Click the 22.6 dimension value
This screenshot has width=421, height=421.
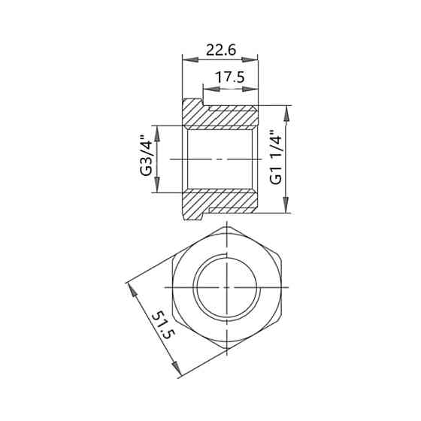(221, 50)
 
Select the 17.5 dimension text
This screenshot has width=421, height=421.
(230, 77)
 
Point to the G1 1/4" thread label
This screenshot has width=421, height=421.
(276, 158)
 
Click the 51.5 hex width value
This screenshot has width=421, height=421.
(163, 325)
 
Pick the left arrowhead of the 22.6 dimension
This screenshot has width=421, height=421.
(190, 59)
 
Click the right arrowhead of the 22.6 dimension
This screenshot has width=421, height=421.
(250, 59)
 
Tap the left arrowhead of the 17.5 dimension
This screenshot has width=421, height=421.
(211, 89)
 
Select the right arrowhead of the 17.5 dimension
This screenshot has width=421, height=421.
(250, 89)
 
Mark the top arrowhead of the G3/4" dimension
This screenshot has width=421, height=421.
(157, 134)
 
